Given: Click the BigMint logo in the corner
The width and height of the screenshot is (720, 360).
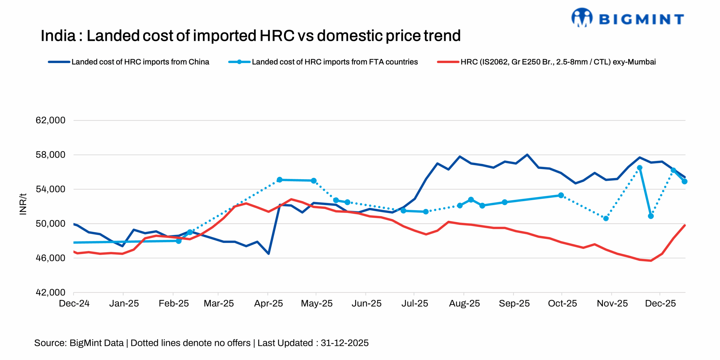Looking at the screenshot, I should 627,18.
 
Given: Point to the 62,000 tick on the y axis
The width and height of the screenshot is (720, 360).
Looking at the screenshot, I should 50,120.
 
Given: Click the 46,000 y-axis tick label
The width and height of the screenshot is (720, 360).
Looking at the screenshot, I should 50,258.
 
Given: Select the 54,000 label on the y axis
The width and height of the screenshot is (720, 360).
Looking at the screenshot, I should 50,189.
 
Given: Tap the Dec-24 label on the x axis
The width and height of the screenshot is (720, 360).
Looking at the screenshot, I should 74,303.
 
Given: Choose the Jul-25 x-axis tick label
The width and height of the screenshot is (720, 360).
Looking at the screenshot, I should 415,303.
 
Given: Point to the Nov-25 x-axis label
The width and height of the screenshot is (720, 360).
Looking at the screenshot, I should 612,303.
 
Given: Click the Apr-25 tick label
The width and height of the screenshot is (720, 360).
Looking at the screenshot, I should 268,303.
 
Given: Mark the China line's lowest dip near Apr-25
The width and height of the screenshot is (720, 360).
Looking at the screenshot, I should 269,254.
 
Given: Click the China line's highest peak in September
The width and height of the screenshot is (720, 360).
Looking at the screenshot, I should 527,155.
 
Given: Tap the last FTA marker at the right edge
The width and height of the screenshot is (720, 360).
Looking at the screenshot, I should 684,181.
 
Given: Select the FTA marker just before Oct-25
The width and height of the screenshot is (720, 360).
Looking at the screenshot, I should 561,195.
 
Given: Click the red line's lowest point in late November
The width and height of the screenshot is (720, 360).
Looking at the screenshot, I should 651,261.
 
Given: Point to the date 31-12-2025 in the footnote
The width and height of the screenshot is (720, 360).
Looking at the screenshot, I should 345,343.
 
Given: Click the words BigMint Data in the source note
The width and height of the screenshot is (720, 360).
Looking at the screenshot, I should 96,343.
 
